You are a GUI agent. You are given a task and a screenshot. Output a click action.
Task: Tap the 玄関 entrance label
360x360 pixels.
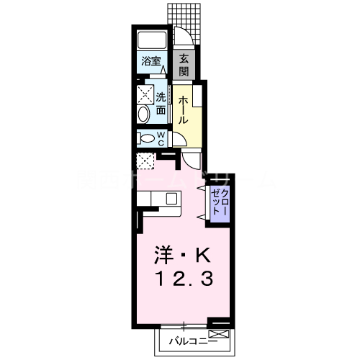[184, 65]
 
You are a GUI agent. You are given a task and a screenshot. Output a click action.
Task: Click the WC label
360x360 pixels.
[161, 137]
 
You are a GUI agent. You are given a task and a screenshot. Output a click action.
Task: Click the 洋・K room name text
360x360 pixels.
[181, 255]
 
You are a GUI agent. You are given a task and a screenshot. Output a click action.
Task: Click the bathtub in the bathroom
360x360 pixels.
[152, 40]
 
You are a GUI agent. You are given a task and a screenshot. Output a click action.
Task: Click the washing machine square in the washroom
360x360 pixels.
[145, 94]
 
